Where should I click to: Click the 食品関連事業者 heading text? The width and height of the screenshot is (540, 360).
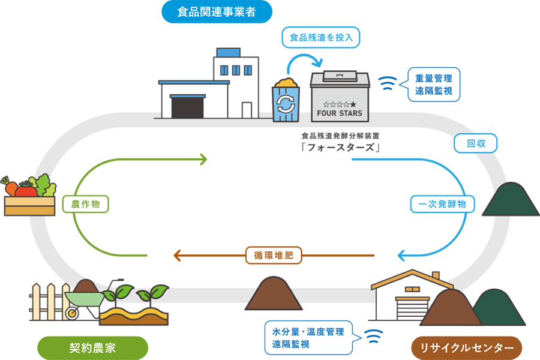point(217,12)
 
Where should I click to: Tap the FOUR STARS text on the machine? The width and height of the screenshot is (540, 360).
point(340,113)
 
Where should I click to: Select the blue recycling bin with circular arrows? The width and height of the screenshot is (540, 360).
point(287,103)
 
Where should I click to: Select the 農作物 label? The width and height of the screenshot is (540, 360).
point(85,204)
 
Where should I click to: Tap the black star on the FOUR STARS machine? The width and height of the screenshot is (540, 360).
point(361,105)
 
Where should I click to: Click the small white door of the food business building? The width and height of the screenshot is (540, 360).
point(247,110)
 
